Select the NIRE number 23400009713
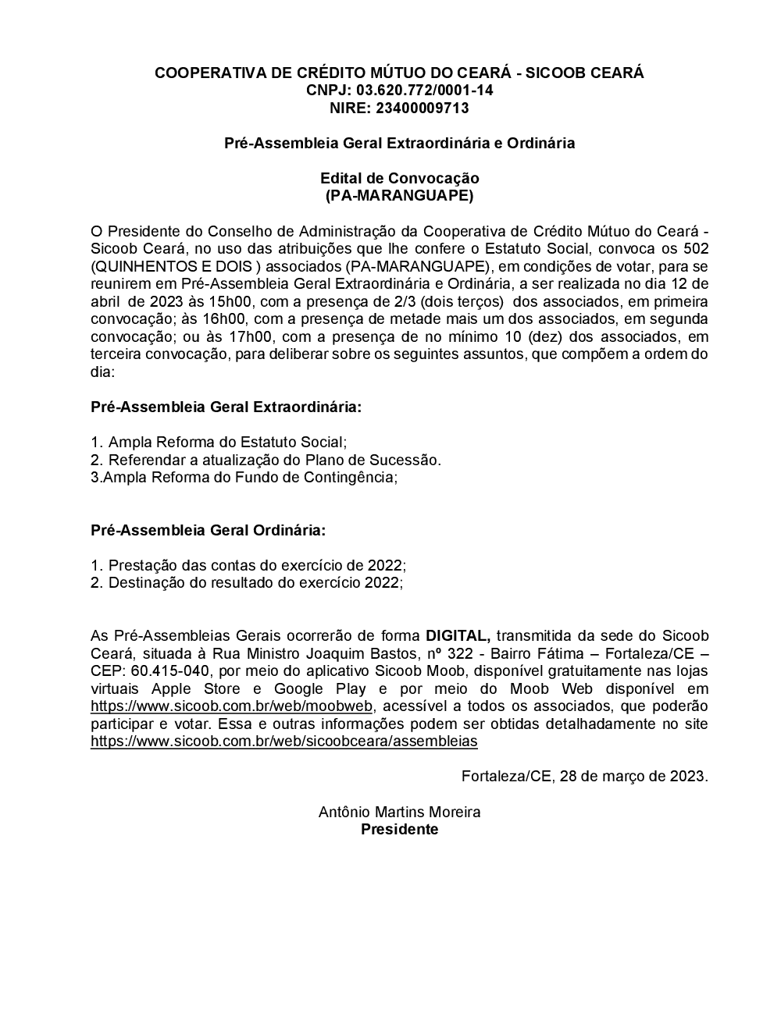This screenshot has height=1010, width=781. point(423,108)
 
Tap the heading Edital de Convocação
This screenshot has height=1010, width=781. point(399,178)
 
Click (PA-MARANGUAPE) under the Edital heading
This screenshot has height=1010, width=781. point(399,195)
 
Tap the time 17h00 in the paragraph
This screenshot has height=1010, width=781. point(224,336)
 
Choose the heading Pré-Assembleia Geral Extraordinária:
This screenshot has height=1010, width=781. point(226,407)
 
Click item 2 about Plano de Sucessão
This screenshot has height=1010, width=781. point(266,460)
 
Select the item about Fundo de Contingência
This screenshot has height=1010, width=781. point(244,477)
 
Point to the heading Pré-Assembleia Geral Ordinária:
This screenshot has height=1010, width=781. point(208,530)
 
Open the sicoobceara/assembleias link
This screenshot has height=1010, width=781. point(284,741)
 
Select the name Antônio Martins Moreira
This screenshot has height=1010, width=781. point(399,812)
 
